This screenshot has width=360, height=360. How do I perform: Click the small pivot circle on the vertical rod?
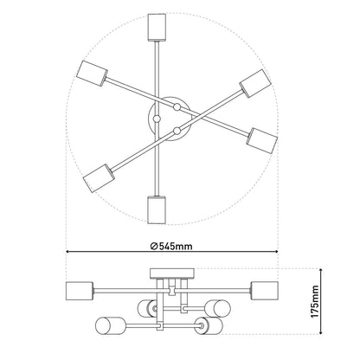(x=157, y=118)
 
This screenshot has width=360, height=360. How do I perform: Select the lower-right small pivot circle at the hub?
(x=177, y=130)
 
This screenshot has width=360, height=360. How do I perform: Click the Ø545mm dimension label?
(x=170, y=246)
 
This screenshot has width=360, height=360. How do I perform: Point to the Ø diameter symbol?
(x=151, y=246)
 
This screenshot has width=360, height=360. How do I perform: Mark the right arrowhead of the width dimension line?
(x=276, y=254)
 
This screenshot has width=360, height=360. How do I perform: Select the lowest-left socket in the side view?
(x=106, y=327)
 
